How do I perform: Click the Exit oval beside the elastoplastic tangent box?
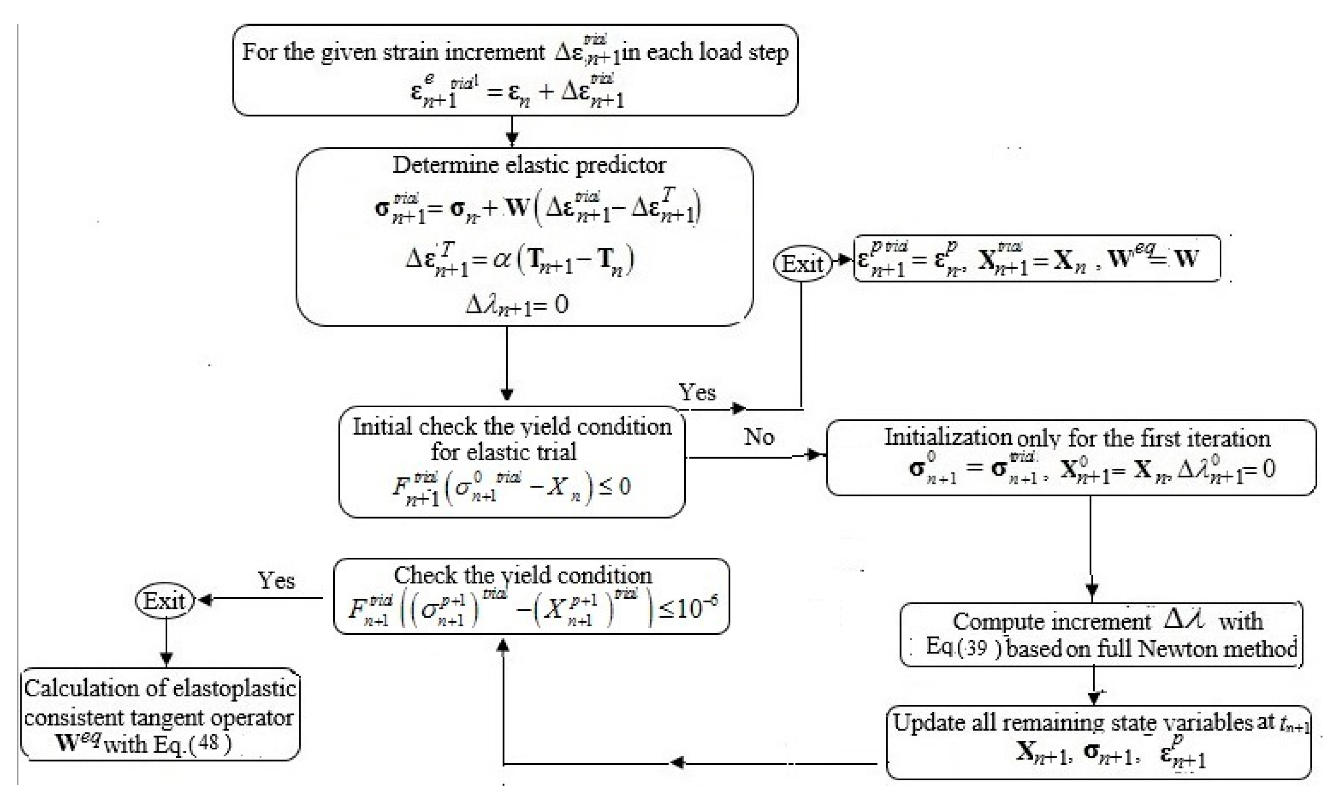(x=164, y=601)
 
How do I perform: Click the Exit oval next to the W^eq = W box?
(x=802, y=263)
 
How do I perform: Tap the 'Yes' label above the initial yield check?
(x=697, y=393)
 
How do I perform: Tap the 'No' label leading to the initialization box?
(x=759, y=437)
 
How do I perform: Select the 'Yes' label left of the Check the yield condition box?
(x=276, y=581)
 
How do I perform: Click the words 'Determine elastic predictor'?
(x=529, y=165)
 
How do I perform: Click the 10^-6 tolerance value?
(x=695, y=608)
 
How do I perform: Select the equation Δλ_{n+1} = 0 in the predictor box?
(x=516, y=305)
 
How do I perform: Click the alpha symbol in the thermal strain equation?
(x=502, y=261)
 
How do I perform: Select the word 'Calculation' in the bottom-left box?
(x=80, y=689)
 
